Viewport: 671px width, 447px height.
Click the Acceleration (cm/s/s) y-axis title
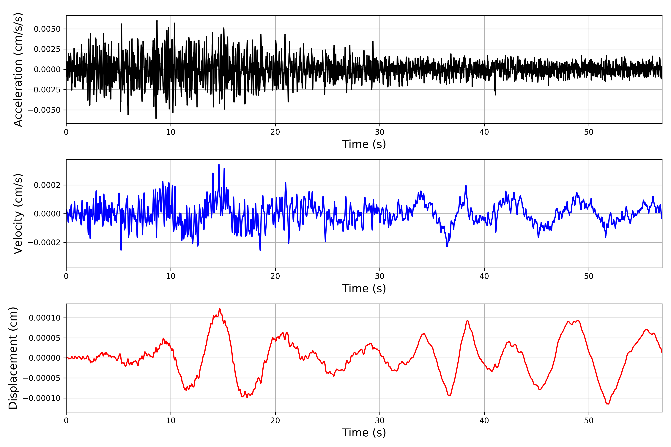18,69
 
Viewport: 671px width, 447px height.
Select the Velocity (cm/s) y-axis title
18,214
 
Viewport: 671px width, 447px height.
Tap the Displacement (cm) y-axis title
13,358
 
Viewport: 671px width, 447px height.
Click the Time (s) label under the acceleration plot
364,144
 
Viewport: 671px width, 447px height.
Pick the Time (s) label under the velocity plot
364,289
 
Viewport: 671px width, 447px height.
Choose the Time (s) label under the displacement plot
364,433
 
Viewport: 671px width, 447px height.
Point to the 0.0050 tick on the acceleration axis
47,29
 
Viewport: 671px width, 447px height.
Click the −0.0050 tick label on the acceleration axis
44,110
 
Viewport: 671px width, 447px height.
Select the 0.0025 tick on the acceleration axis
47,49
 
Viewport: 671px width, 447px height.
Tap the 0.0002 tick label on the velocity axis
47,185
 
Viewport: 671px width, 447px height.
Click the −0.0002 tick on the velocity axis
44,243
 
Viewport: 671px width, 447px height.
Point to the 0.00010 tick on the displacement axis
45,318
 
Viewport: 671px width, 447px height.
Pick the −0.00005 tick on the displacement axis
42,378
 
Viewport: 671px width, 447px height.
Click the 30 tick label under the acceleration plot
379,132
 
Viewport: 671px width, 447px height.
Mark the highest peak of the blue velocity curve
219,164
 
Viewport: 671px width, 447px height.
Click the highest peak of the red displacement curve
219,309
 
